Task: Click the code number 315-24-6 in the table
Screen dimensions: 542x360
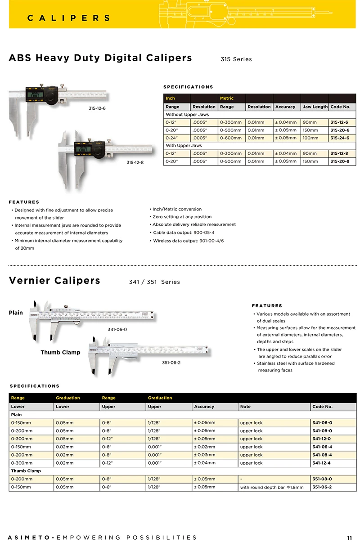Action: [340, 138]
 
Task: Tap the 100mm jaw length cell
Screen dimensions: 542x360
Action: [310, 138]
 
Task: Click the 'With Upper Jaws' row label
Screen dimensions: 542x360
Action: [184, 146]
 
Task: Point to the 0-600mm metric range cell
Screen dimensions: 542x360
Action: [230, 138]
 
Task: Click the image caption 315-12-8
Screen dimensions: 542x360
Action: [135, 162]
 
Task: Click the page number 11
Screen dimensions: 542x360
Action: [350, 538]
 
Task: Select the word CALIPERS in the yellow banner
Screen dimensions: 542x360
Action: [69, 18]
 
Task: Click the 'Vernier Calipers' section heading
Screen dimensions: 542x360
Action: [54, 281]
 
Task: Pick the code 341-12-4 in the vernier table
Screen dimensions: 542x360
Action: [322, 463]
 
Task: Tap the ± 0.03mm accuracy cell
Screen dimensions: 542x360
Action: [204, 455]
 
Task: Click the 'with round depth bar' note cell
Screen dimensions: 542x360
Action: [272, 487]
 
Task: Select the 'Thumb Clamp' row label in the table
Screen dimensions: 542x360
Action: [26, 471]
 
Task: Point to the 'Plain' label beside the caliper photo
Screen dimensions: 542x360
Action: [16, 313]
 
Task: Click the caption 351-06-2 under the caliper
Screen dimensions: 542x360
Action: [171, 363]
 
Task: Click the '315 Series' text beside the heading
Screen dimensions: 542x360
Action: [236, 59]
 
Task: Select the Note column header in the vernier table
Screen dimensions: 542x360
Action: [245, 407]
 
